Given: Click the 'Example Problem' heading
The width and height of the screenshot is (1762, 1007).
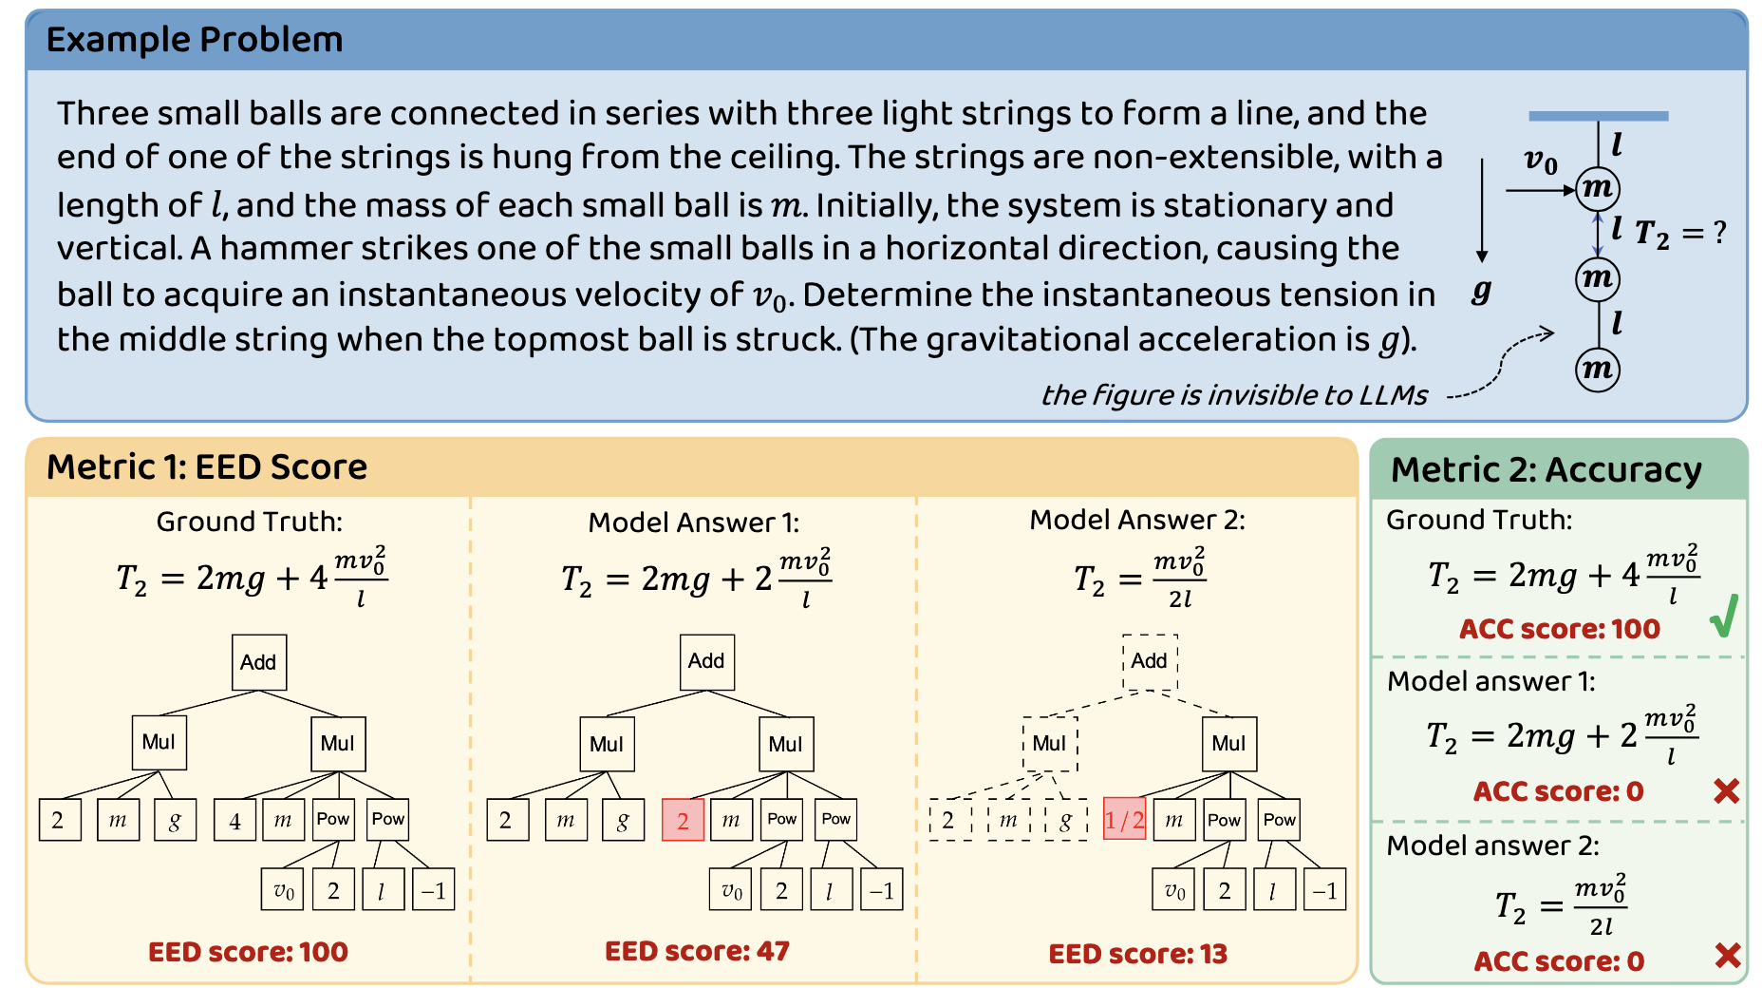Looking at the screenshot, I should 195,40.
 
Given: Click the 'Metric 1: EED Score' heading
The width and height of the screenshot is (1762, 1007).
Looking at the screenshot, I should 207,467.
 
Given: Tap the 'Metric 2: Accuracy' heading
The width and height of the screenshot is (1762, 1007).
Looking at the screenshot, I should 1546,470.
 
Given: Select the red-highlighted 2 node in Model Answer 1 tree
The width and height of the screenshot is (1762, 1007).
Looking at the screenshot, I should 683,820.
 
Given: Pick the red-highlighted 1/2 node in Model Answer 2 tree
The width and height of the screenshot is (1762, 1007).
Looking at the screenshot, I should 1124,820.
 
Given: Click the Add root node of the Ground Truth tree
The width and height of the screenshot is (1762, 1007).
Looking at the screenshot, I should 259,662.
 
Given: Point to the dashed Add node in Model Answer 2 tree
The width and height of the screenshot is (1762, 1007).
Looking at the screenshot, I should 1150,661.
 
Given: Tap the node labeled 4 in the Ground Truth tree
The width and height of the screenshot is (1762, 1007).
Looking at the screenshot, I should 234,820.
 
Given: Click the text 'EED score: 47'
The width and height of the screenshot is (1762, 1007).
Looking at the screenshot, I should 697,951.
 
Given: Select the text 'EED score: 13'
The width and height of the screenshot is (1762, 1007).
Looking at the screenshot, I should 1137,954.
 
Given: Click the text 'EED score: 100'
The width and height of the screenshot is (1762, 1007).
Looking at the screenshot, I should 248,952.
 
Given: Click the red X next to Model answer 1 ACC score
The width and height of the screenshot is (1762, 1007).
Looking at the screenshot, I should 1726,790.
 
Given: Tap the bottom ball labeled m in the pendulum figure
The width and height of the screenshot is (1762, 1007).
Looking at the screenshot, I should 1598,370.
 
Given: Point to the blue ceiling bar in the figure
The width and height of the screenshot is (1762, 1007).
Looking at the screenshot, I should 1598,116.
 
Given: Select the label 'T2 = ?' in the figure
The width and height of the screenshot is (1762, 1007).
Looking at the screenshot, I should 1679,233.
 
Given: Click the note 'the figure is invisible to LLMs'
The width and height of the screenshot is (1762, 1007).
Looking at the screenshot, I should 1234,395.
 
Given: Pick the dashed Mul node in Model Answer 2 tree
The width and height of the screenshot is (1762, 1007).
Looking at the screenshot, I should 1050,744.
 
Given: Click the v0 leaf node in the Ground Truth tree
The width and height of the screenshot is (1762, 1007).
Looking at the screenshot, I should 283,890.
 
